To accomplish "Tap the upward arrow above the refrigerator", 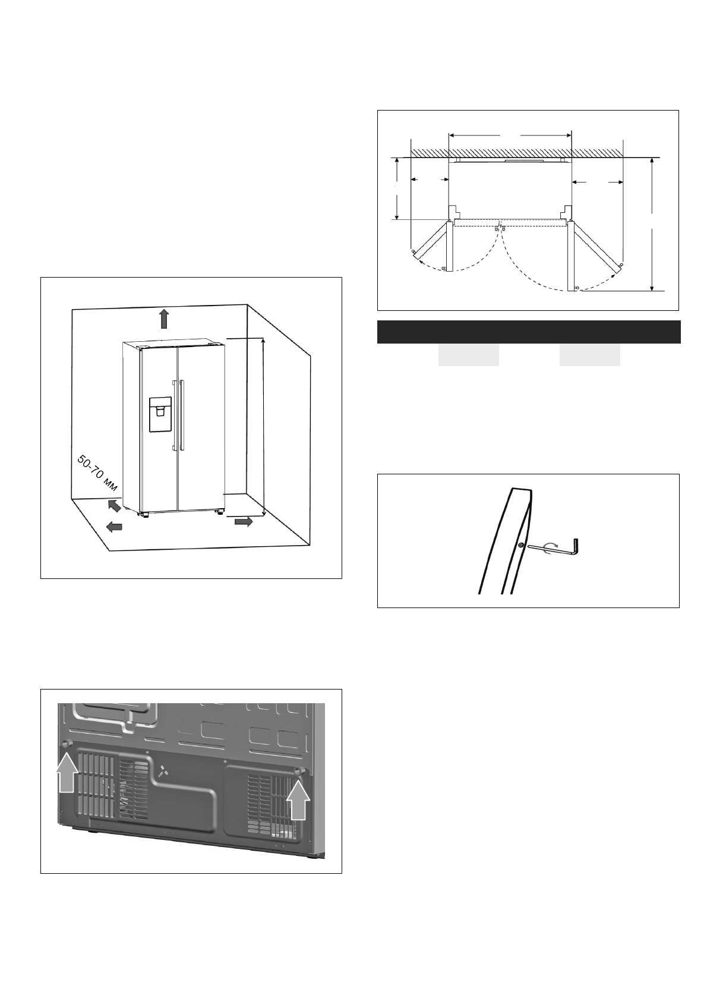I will (x=164, y=319).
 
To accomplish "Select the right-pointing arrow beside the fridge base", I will (x=244, y=521).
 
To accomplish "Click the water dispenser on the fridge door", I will (x=160, y=414).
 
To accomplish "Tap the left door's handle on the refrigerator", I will (x=174, y=415).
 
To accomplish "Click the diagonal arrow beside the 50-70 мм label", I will (x=113, y=505).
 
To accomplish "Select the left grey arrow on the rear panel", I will (x=67, y=771).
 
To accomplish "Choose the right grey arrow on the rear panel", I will (x=298, y=799).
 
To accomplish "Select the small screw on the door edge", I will (x=520, y=545).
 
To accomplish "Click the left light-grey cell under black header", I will (x=468, y=355).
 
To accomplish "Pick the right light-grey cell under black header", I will (x=589, y=355).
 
